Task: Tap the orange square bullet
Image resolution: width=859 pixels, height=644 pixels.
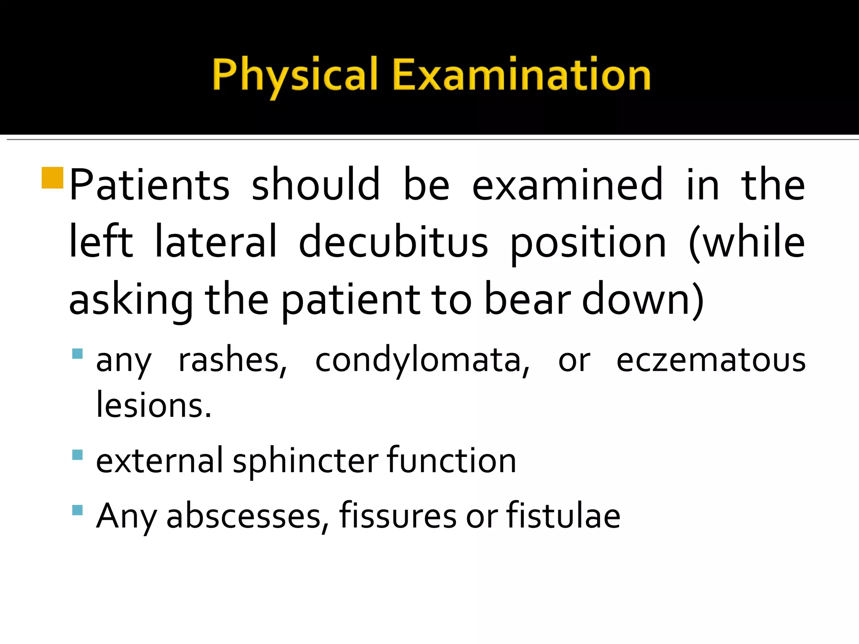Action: coord(52,178)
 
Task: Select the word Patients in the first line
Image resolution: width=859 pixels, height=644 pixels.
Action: coord(149,184)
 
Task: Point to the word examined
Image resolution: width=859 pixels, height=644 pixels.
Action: coord(567,184)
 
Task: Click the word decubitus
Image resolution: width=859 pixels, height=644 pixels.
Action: coord(393,242)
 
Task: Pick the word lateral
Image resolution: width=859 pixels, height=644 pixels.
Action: coord(216,242)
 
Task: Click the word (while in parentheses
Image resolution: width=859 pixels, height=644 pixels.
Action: coord(747,242)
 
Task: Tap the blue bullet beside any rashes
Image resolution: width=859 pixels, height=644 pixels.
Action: coord(77,353)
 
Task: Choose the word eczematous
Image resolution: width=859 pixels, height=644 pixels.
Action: coord(711,361)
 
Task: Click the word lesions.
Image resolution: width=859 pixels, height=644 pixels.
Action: coord(154,405)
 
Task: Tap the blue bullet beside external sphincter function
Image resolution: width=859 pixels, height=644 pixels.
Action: coord(77,455)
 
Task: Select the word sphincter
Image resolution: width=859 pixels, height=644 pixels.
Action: coord(305,461)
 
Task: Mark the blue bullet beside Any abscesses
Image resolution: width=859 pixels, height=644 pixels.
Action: coord(77,510)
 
